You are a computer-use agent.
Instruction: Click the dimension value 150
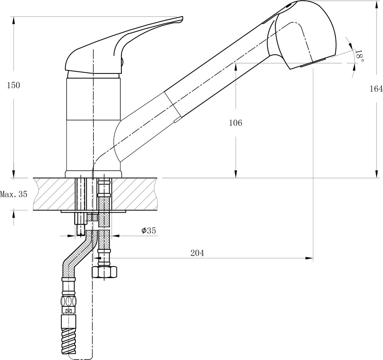pos(13,85)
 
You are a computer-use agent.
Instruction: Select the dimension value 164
pos(376,89)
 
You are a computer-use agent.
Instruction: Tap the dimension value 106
pos(236,123)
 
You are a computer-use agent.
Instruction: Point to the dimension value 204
pos(197,253)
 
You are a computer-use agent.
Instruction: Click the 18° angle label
pos(359,56)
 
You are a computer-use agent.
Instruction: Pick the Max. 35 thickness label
pos(14,194)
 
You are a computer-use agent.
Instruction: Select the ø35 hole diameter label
pos(149,231)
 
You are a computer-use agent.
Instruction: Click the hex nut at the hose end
pos(105,272)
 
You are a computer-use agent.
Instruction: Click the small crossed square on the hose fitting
pos(69,311)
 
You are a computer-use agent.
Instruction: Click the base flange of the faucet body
pos(93,174)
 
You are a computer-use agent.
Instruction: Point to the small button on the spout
pos(176,121)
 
